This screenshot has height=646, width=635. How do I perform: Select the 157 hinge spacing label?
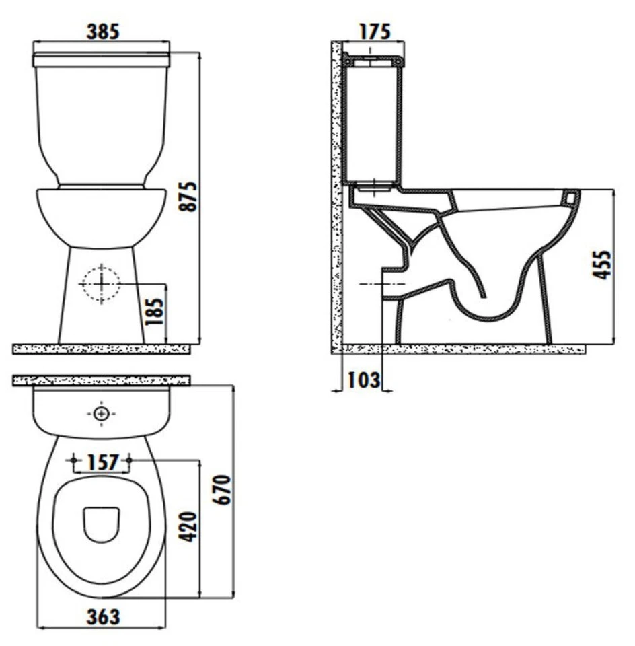[102, 462]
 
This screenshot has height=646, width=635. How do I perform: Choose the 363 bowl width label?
[102, 616]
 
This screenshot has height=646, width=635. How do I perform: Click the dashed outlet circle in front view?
[100, 283]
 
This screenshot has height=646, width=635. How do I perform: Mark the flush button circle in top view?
[101, 413]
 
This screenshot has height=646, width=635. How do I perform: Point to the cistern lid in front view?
[101, 59]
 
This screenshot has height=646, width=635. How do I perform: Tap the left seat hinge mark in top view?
[73, 461]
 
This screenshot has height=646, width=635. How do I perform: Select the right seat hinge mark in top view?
[130, 461]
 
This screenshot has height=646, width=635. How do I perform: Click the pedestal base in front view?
[101, 316]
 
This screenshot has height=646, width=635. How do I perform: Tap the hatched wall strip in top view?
[101, 381]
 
